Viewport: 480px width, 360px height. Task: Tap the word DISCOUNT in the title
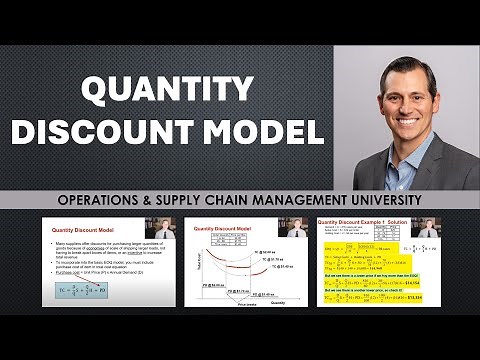[x=124, y=133]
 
